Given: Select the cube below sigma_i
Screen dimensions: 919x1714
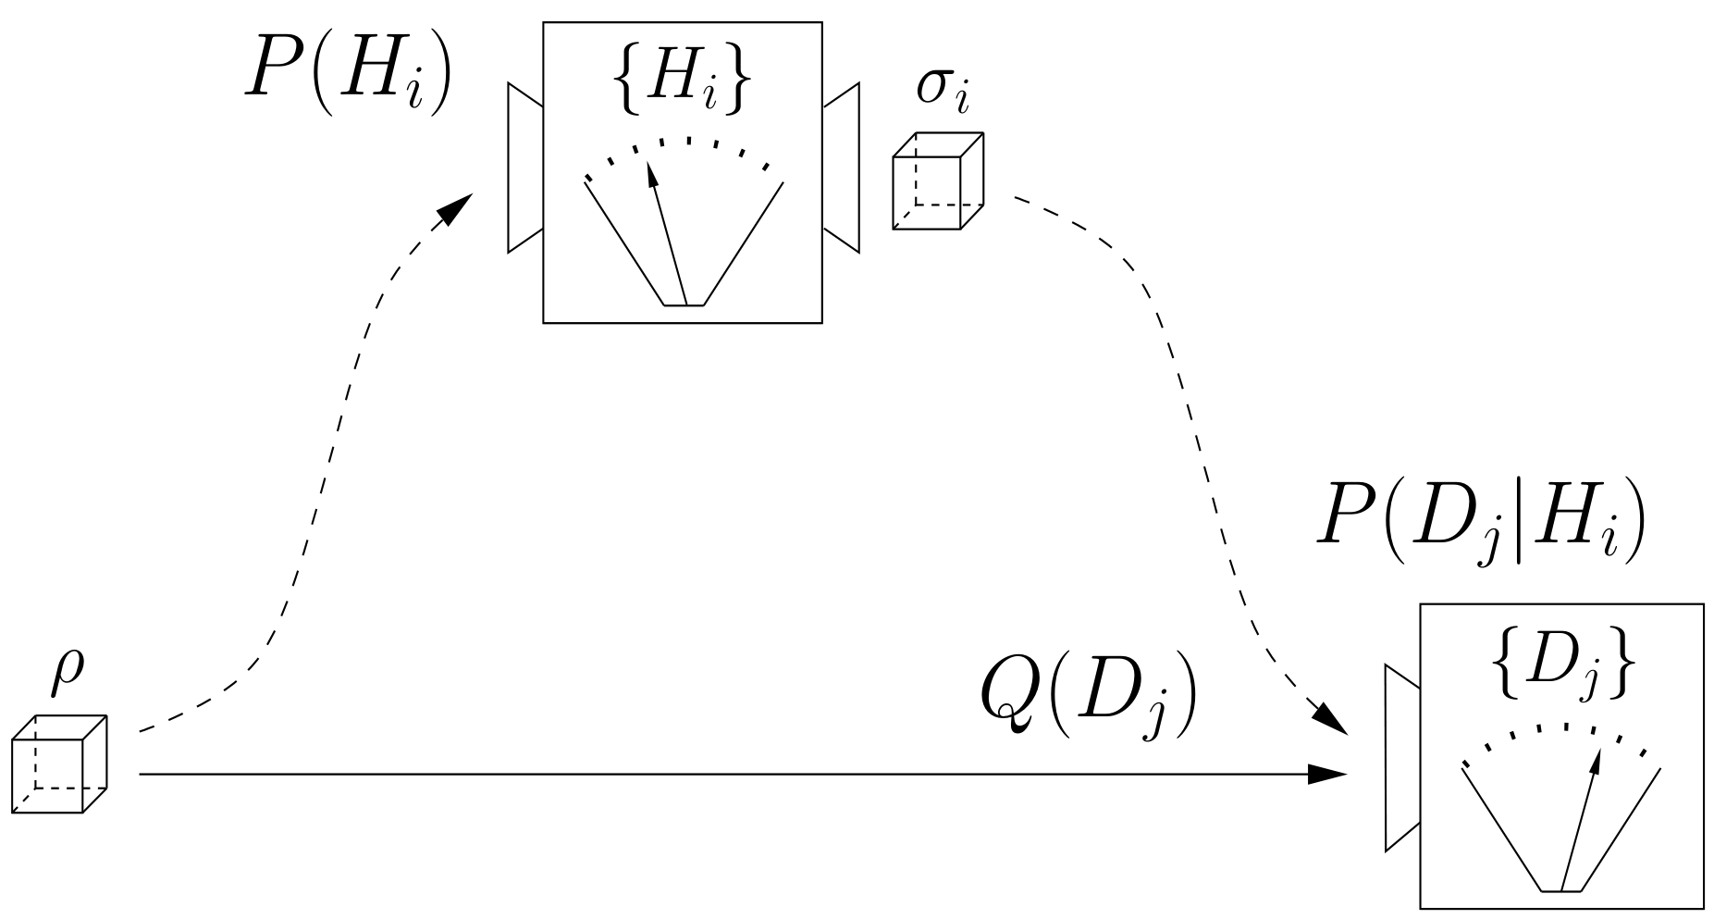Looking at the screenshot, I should pyautogui.click(x=937, y=181).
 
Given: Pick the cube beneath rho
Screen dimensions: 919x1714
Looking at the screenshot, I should pyautogui.click(x=59, y=764).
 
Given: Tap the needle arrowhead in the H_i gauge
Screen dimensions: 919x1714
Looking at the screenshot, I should pyautogui.click(x=652, y=174).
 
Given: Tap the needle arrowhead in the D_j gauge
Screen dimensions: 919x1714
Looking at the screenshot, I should pyautogui.click(x=1595, y=761).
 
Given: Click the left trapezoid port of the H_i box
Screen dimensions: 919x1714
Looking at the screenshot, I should pyautogui.click(x=525, y=168).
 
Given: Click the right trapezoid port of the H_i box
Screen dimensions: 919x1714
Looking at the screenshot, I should pyautogui.click(x=841, y=168).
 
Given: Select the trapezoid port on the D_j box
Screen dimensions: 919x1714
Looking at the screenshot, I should pyautogui.click(x=1402, y=757).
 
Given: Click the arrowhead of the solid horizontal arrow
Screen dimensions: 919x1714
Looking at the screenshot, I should pyautogui.click(x=1328, y=774).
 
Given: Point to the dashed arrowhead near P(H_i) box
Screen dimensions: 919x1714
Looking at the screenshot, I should pyautogui.click(x=454, y=208).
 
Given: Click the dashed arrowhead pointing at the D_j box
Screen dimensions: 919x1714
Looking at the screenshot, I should pyautogui.click(x=1332, y=717).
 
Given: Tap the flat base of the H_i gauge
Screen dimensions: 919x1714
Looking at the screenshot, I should pyautogui.click(x=684, y=304).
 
